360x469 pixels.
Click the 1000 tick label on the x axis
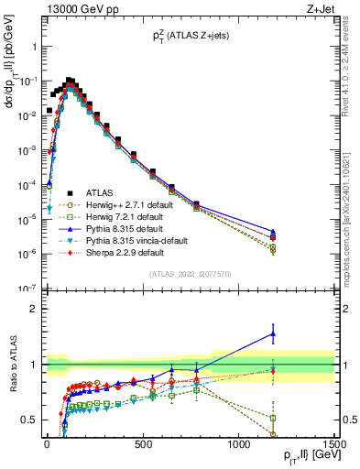coord(238,444)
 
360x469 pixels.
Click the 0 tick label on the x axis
coord(47,444)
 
